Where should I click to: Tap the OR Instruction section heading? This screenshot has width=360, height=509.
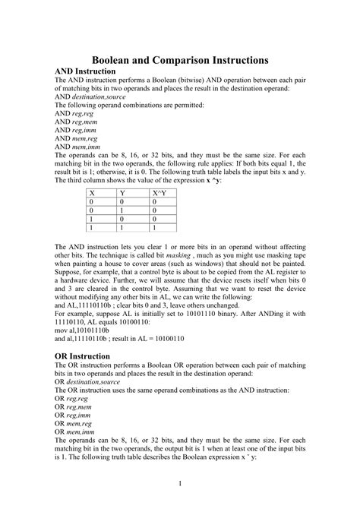pos(83,356)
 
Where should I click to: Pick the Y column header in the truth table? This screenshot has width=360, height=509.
pos(122,194)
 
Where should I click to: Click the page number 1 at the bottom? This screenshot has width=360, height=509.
pos(180,484)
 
